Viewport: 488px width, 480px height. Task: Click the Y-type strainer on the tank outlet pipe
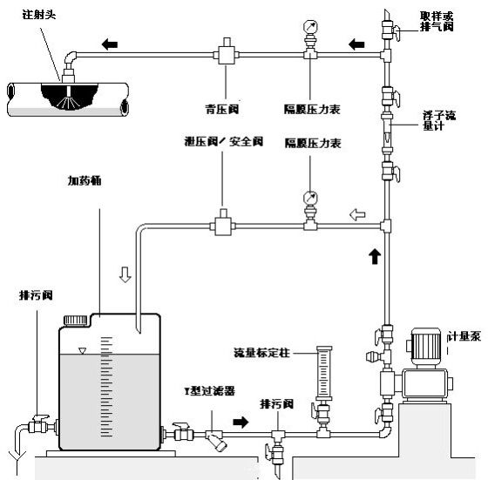pyautogui.click(x=215, y=437)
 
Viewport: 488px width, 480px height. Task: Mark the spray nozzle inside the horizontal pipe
pyautogui.click(x=63, y=90)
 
